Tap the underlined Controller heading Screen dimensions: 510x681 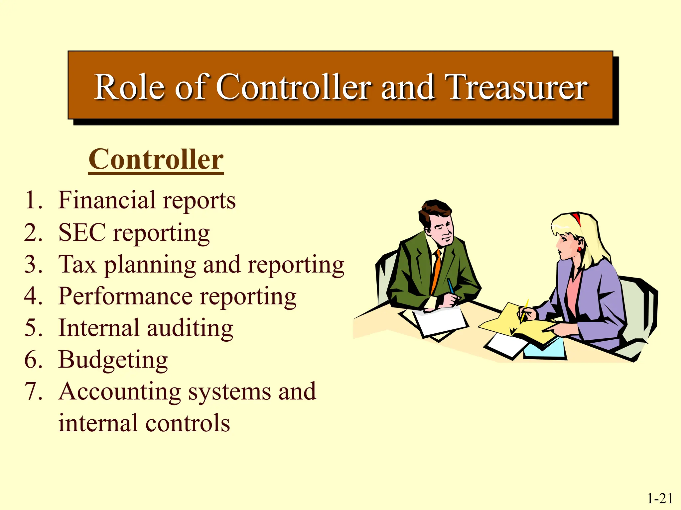(x=156, y=160)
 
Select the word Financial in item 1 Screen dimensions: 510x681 (x=107, y=200)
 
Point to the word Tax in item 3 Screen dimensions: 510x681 (x=77, y=265)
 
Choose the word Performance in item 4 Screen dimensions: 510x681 (x=125, y=296)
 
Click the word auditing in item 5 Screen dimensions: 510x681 (x=190, y=328)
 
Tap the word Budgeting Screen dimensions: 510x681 (x=113, y=360)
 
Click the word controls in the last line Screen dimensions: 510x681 (x=188, y=423)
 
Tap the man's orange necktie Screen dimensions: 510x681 (x=436, y=272)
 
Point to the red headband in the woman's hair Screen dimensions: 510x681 (x=576, y=218)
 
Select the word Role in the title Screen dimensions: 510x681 (x=129, y=87)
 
